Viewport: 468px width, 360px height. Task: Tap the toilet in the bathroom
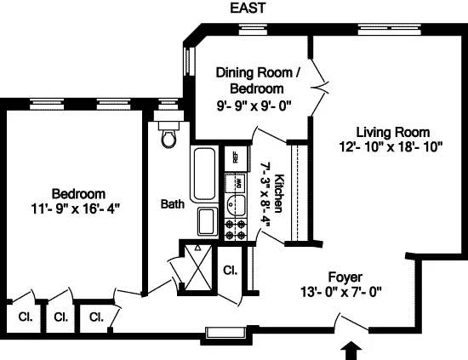point(167,136)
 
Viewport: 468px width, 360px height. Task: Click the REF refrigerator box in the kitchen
point(231,158)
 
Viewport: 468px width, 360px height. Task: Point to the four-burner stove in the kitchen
point(235,228)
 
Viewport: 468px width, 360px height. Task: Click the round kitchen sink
point(233,205)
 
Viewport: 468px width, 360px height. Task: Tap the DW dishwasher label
point(240,182)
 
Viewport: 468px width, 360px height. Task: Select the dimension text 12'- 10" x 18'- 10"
point(392,146)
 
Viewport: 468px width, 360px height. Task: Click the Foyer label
point(345,277)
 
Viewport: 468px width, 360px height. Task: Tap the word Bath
point(173,204)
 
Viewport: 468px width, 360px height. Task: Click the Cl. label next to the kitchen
point(230,271)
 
